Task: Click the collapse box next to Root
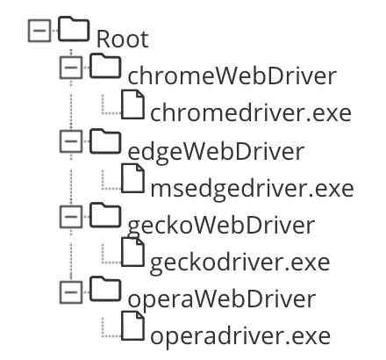click(39, 32)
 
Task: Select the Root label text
click(122, 40)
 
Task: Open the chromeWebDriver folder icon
click(106, 67)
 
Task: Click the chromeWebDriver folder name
click(232, 76)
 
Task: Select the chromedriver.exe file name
click(251, 114)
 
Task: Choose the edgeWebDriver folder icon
click(106, 141)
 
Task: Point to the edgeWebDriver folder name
click(216, 151)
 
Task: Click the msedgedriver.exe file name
click(251, 189)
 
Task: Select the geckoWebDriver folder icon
click(106, 216)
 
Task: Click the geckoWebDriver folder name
click(220, 226)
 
